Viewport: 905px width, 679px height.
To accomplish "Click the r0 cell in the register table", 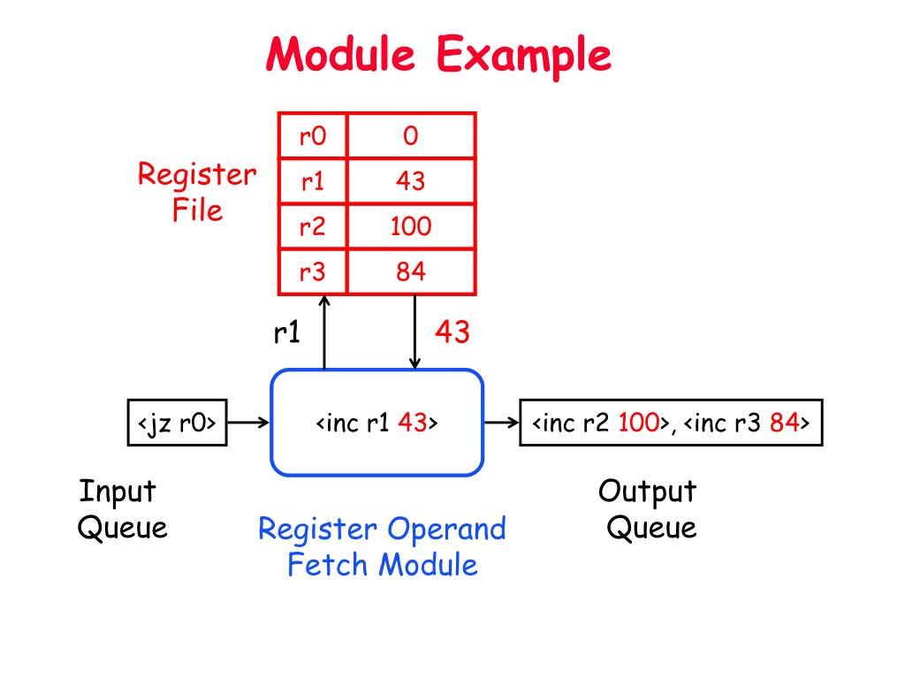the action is point(312,135).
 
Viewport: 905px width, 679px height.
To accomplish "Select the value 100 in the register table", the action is point(411,225).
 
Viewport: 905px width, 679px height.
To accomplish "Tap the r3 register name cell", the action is point(312,271).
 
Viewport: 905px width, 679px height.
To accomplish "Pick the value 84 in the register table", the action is point(411,271).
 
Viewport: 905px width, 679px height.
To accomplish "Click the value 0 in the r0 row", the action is point(411,135).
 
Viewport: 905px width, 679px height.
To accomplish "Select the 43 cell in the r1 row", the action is point(411,180).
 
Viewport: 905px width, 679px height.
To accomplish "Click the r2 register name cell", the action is point(312,225).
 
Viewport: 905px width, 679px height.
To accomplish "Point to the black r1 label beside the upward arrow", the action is point(287,332).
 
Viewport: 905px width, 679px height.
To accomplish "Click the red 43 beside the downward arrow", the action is point(452,332).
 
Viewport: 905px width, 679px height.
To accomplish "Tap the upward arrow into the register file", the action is point(324,332).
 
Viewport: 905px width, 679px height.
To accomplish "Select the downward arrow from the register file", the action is point(414,332).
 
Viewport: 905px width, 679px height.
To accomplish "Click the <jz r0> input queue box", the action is point(177,423).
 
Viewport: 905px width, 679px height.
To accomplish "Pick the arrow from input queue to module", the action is point(248,423).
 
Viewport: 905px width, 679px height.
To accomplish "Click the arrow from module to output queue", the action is point(501,423).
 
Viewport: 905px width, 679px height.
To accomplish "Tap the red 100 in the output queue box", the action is point(638,423).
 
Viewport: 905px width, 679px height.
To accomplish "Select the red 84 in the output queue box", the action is point(784,423).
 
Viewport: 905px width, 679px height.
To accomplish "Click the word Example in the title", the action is point(523,55).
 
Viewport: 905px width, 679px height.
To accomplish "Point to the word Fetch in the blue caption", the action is point(327,564).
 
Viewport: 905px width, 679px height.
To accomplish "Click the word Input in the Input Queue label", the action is point(118,492).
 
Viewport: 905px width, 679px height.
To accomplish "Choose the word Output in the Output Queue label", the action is point(647,492).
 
